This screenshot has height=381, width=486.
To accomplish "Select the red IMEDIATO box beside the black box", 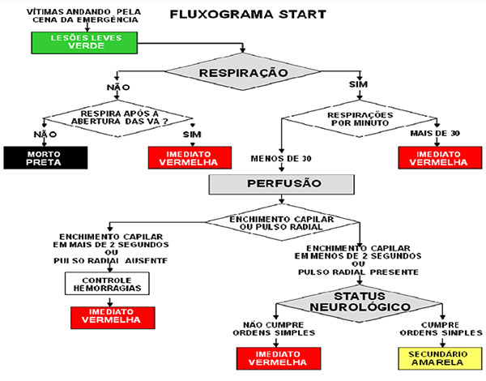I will coord(182,156).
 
